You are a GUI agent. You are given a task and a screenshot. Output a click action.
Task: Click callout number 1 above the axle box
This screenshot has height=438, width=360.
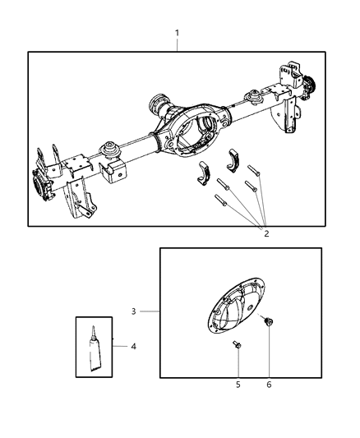coord(177,33)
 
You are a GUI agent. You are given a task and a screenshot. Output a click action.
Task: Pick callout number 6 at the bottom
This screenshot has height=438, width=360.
coord(268,384)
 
